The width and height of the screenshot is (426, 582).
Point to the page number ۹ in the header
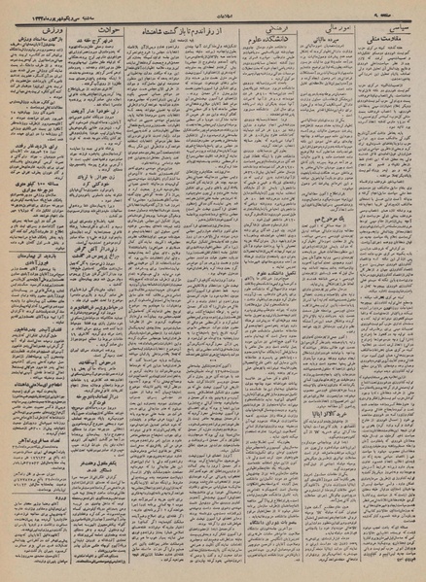pos(408,12)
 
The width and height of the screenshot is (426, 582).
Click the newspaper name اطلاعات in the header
pos(212,12)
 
